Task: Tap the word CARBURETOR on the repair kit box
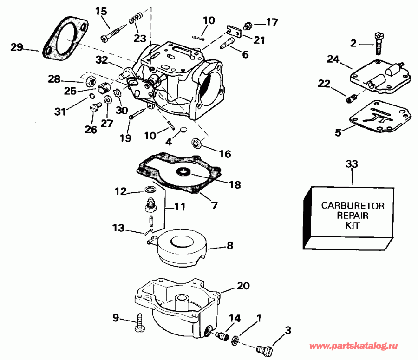pos(353,206)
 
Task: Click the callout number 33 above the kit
pos(353,164)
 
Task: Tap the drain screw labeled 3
pos(265,347)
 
